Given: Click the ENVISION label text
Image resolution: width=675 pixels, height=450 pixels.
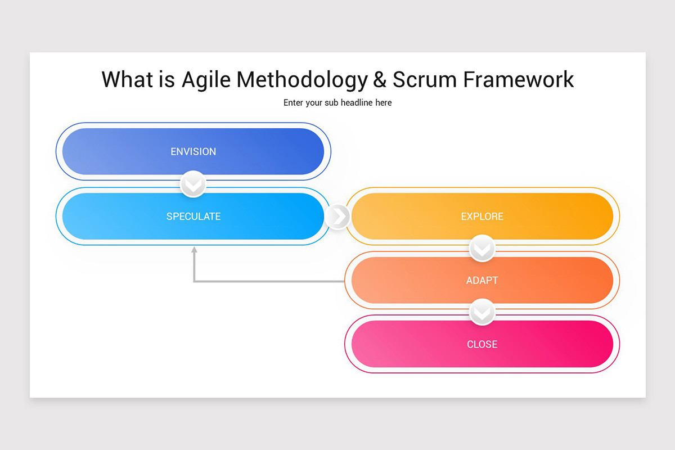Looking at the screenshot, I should [x=193, y=152].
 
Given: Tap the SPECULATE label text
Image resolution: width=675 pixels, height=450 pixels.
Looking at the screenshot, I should [x=193, y=217].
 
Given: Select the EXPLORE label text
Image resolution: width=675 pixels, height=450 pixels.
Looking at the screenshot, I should [x=482, y=217].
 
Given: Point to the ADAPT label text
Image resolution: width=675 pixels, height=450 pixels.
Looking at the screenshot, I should [x=482, y=280].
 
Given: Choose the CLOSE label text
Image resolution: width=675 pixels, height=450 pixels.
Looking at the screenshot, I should [x=482, y=344].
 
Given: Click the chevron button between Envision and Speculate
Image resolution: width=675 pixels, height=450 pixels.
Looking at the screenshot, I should [x=193, y=184].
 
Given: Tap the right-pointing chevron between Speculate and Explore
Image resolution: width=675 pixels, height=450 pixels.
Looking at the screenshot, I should [x=337, y=217].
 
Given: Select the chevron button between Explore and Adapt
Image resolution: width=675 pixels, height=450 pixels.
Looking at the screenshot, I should [x=482, y=248].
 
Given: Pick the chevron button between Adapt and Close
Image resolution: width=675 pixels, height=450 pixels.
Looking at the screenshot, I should [x=482, y=312].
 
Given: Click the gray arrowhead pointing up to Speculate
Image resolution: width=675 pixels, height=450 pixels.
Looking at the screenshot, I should [x=194, y=251].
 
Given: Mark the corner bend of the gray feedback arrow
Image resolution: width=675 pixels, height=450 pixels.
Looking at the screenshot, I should [x=194, y=281].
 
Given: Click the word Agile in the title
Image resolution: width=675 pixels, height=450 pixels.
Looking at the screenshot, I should [x=206, y=79].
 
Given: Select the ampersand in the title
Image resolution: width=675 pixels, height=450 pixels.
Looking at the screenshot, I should [x=380, y=79].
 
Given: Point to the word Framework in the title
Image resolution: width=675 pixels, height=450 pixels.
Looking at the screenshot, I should [x=518, y=79].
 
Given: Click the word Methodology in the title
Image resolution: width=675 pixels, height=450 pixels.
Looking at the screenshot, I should [x=301, y=79].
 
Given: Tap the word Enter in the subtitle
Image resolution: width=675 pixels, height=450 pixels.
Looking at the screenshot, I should [x=293, y=102].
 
